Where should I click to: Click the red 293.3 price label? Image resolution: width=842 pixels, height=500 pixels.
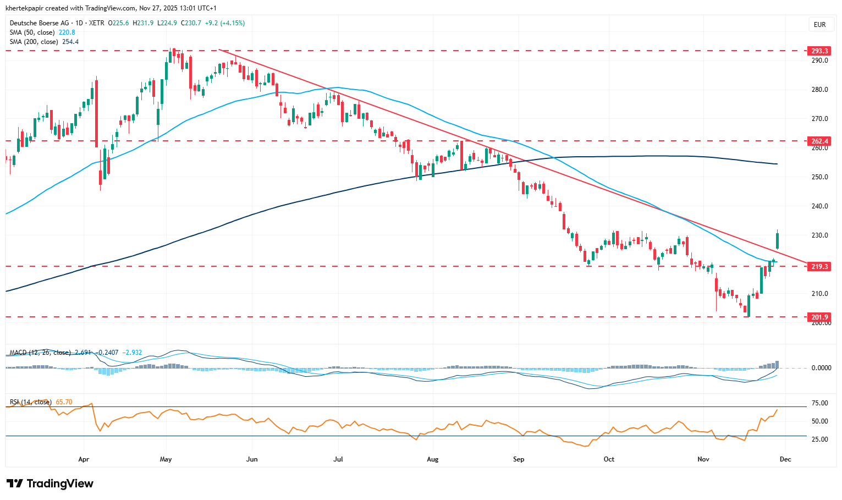[x=819, y=51]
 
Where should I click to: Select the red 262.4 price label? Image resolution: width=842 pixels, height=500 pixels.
[x=819, y=141]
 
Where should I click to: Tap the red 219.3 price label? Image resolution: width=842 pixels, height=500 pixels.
[x=819, y=267]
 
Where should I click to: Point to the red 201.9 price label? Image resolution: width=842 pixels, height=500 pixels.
[x=819, y=317]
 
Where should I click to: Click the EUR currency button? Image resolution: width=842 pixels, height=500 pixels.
[x=819, y=25]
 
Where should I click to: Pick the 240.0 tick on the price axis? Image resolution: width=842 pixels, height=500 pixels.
[x=819, y=206]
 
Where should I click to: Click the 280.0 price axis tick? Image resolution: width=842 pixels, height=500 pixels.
[x=819, y=90]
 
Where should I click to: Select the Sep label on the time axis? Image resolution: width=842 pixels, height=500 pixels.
[x=518, y=459]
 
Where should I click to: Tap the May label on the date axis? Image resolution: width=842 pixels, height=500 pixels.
[x=166, y=459]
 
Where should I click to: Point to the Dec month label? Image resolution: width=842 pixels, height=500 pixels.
[x=785, y=459]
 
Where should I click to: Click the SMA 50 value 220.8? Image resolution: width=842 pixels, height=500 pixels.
[x=67, y=32]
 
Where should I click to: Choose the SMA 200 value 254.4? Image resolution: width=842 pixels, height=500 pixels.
[x=70, y=42]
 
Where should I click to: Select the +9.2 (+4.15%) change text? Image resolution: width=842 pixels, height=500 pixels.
[x=225, y=23]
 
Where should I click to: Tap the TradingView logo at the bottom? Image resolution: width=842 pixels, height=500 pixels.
[x=50, y=483]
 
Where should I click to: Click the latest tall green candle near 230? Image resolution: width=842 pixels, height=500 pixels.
[x=777, y=240]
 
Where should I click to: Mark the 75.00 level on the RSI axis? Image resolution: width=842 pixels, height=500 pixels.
[x=820, y=403]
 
